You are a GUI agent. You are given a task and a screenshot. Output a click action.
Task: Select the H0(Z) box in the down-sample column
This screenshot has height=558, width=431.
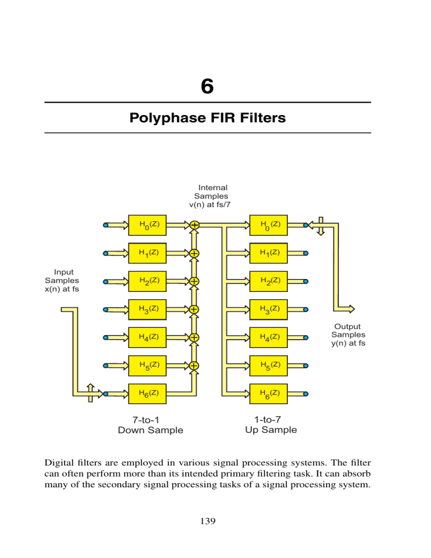point(149,225)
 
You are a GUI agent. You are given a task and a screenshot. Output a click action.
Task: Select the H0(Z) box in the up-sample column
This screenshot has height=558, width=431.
point(270,225)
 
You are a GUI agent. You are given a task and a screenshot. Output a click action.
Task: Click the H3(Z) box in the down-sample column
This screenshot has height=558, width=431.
point(149,309)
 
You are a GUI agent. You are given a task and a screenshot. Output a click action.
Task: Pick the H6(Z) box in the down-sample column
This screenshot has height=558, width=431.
point(149,394)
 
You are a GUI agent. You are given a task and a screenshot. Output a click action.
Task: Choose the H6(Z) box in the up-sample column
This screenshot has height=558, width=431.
point(270,394)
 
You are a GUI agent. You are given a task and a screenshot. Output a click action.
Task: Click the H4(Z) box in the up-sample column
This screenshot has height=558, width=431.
point(270,337)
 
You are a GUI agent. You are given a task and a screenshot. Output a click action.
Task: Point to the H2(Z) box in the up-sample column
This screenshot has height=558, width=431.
point(270,281)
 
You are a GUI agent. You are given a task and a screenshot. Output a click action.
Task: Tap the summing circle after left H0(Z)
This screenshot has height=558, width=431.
point(194,225)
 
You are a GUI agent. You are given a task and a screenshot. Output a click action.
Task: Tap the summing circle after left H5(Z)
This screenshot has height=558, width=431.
point(194,365)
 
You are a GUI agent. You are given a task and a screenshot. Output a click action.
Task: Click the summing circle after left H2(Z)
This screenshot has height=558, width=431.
point(194,281)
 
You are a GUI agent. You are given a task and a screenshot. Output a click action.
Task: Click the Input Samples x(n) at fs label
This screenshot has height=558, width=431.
point(62,280)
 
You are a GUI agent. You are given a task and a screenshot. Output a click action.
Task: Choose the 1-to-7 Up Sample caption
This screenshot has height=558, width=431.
point(271,424)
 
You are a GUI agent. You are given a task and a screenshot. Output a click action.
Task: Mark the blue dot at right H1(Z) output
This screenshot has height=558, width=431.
point(306,253)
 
